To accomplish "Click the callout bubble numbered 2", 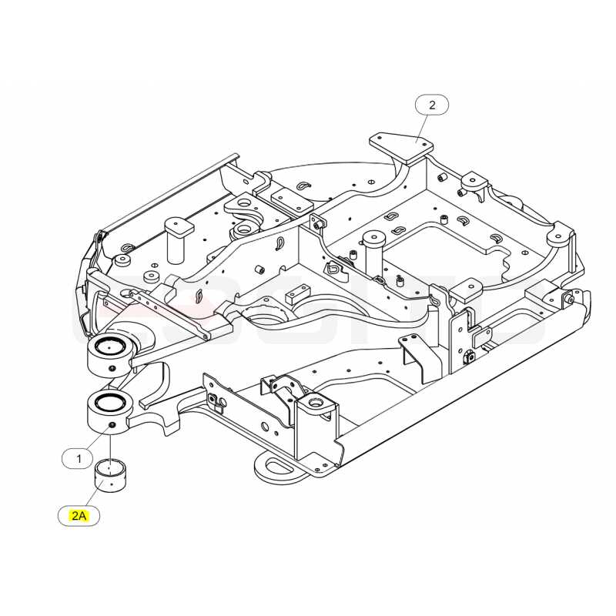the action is [x=432, y=105].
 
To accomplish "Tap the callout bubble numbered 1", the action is [x=79, y=458].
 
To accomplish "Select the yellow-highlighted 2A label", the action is [x=79, y=515].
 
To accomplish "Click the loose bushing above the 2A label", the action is [x=111, y=475].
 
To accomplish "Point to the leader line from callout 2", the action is [x=422, y=129].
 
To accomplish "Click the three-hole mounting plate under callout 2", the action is [x=401, y=149].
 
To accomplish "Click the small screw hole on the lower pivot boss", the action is [x=112, y=426].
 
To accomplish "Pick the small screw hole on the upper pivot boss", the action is [x=112, y=369].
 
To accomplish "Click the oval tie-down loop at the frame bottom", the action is [x=279, y=467].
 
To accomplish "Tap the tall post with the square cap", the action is [x=179, y=240].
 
